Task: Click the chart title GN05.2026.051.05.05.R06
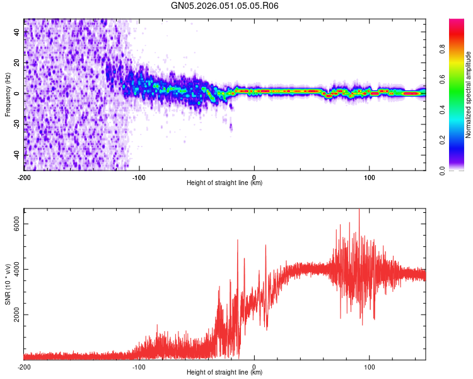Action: tap(225, 6)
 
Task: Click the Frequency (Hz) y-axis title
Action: tap(8, 94)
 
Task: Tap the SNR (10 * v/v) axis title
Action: tap(8, 285)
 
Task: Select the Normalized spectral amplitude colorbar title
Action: tap(469, 95)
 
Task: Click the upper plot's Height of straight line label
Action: tap(225, 183)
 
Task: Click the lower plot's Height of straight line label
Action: tap(225, 372)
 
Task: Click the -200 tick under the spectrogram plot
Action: tap(24, 176)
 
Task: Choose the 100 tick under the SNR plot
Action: tap(369, 366)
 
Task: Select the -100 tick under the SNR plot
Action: tap(139, 366)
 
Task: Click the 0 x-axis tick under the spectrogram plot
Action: tap(254, 176)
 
